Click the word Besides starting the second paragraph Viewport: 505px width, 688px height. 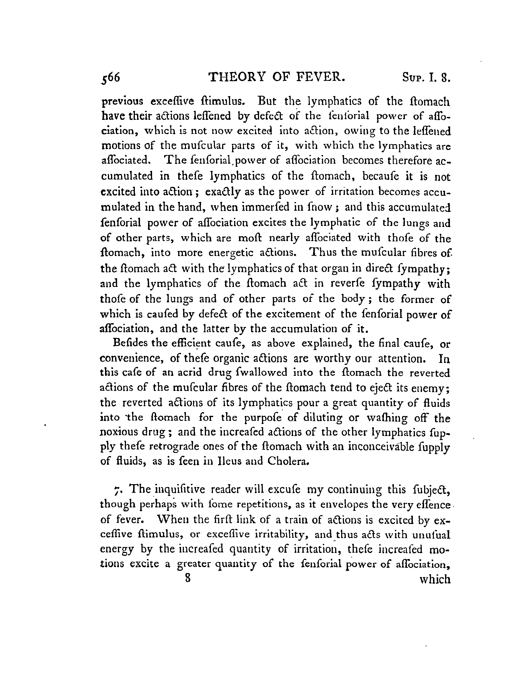point(131,343)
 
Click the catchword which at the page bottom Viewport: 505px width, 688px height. point(435,580)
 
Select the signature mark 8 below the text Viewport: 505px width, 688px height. point(187,578)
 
